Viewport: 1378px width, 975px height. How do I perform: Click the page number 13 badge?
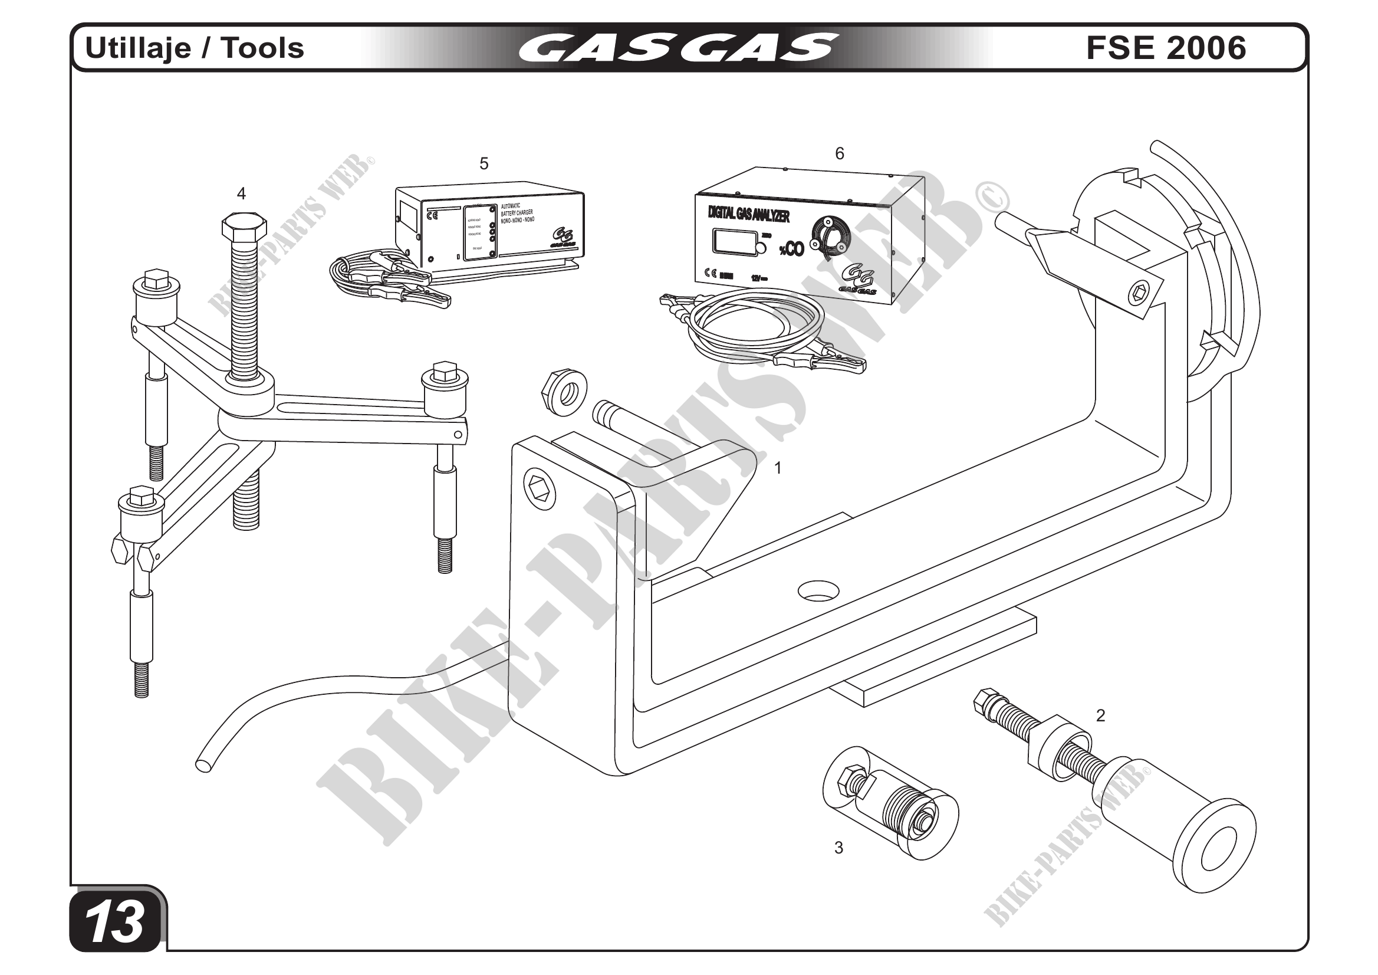pos(116,922)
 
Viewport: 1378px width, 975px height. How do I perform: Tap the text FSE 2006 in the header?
pos(1166,48)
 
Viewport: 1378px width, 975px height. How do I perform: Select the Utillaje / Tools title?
pos(195,48)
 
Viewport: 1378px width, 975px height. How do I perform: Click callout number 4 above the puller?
pos(241,193)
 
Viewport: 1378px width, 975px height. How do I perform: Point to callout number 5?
pos(484,163)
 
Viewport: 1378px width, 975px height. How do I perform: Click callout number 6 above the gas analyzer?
pos(840,154)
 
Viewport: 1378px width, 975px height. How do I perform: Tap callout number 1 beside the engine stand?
pos(778,468)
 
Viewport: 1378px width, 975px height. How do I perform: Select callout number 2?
pos(1100,715)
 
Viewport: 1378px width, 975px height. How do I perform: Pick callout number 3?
pos(838,847)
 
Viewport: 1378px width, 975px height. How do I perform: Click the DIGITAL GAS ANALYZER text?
pos(748,214)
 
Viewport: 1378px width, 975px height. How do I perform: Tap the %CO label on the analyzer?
pos(792,249)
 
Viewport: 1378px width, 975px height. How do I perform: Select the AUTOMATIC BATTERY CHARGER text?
pos(517,213)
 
